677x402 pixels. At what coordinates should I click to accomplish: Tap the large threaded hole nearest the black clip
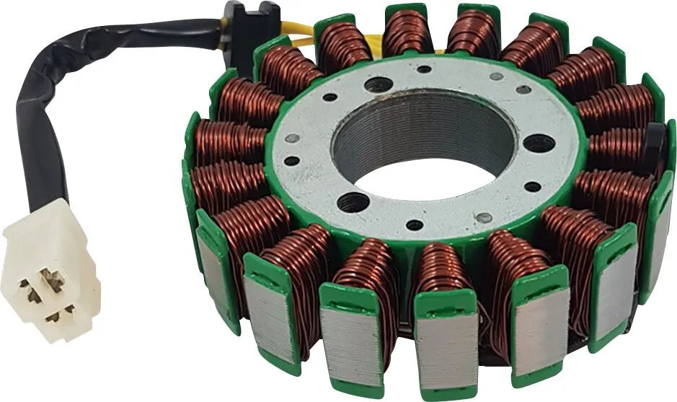click(539, 143)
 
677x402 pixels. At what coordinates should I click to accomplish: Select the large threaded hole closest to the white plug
click(353, 202)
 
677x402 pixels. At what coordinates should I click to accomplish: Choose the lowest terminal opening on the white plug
click(57, 316)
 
